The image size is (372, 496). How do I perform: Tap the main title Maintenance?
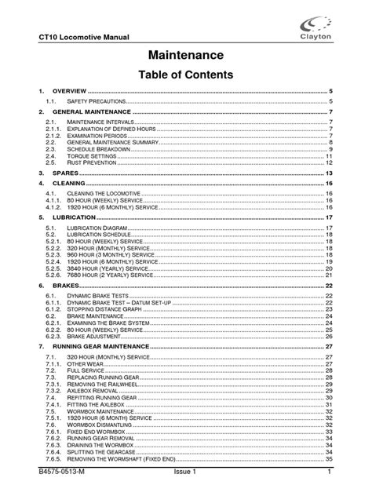pos(187,55)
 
